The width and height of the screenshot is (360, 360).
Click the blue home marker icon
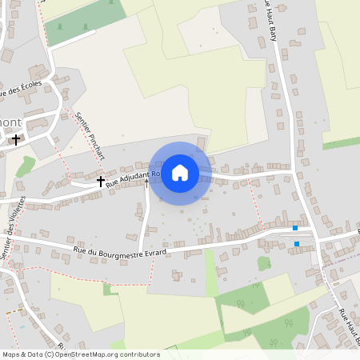point(180,172)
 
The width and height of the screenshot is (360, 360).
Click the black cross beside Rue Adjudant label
point(101,182)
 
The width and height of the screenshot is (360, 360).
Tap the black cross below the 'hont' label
point(15,139)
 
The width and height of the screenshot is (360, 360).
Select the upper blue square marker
point(295,228)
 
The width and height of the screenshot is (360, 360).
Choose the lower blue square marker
point(297,243)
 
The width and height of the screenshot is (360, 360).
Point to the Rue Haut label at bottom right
point(350,328)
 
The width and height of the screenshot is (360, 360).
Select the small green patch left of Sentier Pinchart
point(26,166)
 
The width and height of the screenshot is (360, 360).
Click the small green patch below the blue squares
point(263,263)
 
